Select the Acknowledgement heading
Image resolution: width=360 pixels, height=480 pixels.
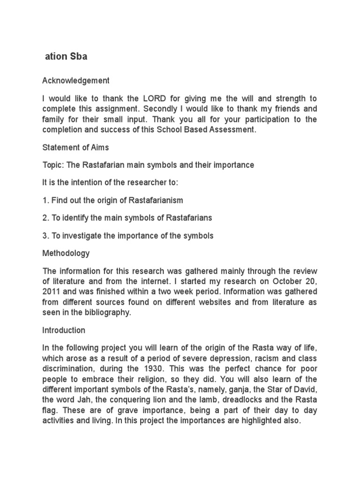pos(76,81)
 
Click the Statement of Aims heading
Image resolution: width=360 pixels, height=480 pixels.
pos(75,148)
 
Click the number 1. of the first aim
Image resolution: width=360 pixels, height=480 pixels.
pos(45,200)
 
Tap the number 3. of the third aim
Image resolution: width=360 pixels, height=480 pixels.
pos(45,236)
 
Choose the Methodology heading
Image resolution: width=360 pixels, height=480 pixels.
pos(66,253)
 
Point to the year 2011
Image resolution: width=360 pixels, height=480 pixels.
pos(52,292)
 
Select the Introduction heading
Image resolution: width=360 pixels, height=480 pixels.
pos(64,330)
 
